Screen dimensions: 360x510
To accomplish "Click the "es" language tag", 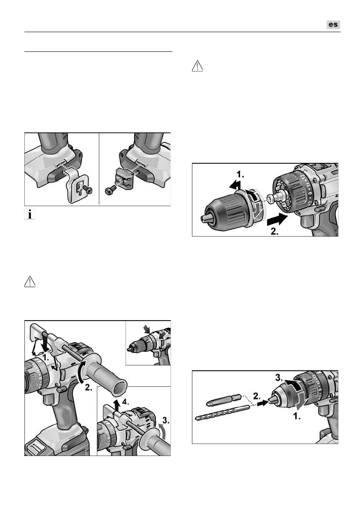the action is click(x=333, y=25).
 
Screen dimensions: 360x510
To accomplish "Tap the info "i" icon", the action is click(x=30, y=215).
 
